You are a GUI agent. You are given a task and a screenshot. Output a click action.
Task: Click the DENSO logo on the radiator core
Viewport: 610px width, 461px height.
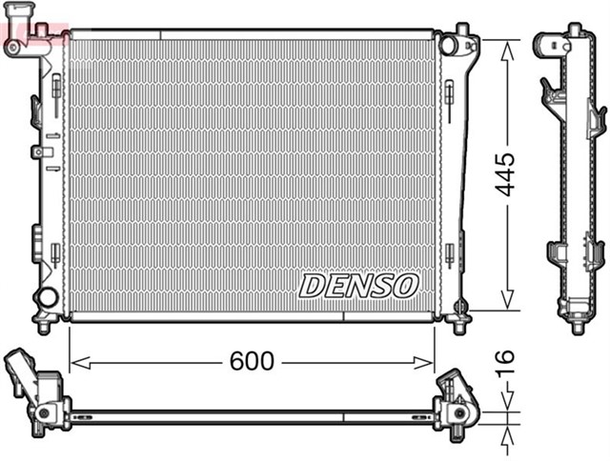(359, 284)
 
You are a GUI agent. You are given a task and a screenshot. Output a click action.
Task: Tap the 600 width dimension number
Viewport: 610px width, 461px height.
(252, 361)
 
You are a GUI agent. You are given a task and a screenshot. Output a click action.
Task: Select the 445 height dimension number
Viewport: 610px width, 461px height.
(506, 173)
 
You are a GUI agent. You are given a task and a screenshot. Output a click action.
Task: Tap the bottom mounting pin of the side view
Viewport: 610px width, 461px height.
(577, 326)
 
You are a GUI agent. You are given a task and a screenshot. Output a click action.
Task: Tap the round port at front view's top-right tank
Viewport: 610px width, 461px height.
(449, 43)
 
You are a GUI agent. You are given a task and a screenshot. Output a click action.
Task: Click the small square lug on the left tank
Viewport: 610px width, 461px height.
(36, 151)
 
